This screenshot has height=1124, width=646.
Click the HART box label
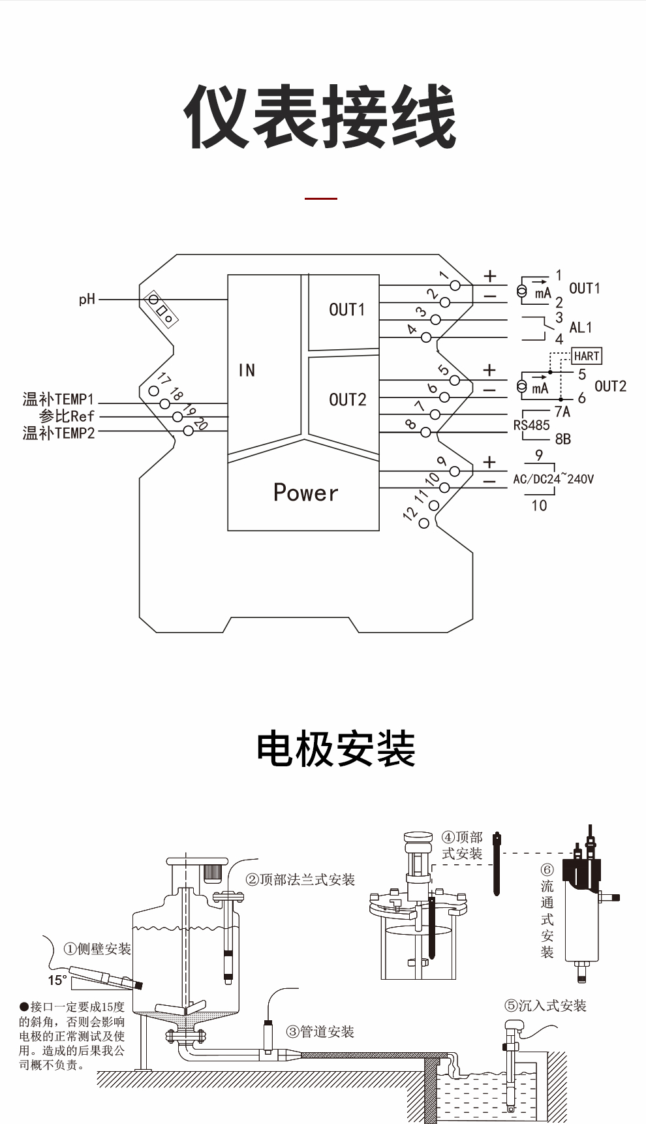pos(586,356)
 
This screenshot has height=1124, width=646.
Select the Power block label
pos(305,493)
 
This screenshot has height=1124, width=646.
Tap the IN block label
pos(247,371)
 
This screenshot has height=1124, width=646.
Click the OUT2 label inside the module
pos(347,399)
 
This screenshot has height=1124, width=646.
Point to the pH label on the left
pos(87,300)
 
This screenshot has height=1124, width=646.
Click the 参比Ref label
pos(67,416)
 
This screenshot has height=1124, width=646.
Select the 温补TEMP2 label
pos(59,433)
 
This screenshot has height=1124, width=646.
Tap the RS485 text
pos(531,426)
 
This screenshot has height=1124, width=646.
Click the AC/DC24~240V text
pos(553,479)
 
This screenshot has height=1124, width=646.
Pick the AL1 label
pos(580,328)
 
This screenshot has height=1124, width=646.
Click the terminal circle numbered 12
pos(424,523)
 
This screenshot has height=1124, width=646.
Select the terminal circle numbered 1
pos(455,285)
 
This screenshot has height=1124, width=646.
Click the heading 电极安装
pos(336,749)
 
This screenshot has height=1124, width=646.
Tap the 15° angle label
pos(57,980)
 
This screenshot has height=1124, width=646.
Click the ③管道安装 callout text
pos(320,1032)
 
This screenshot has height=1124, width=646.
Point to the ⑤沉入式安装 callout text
pos(546,1006)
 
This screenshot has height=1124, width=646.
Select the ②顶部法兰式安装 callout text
pos(300,880)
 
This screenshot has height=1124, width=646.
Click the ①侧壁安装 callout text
pos(97,949)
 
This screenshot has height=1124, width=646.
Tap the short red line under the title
pos(321,198)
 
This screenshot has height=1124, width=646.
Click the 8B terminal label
pos(562,439)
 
